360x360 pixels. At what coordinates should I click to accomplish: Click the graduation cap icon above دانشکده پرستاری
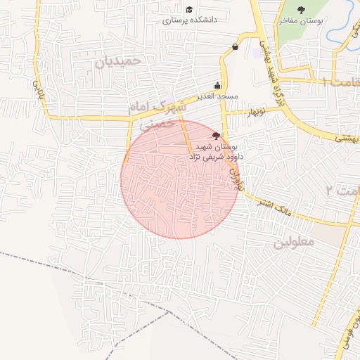189,9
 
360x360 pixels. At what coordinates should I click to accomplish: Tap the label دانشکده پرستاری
190,20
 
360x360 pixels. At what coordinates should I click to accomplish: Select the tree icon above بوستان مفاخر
302,10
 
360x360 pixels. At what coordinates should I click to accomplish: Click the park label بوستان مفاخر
302,21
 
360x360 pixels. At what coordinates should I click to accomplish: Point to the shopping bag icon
234,47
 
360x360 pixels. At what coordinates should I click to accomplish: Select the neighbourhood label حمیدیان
118,61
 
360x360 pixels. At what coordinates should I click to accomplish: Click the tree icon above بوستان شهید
217,135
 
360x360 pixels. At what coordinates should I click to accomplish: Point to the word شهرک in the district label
174,106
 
